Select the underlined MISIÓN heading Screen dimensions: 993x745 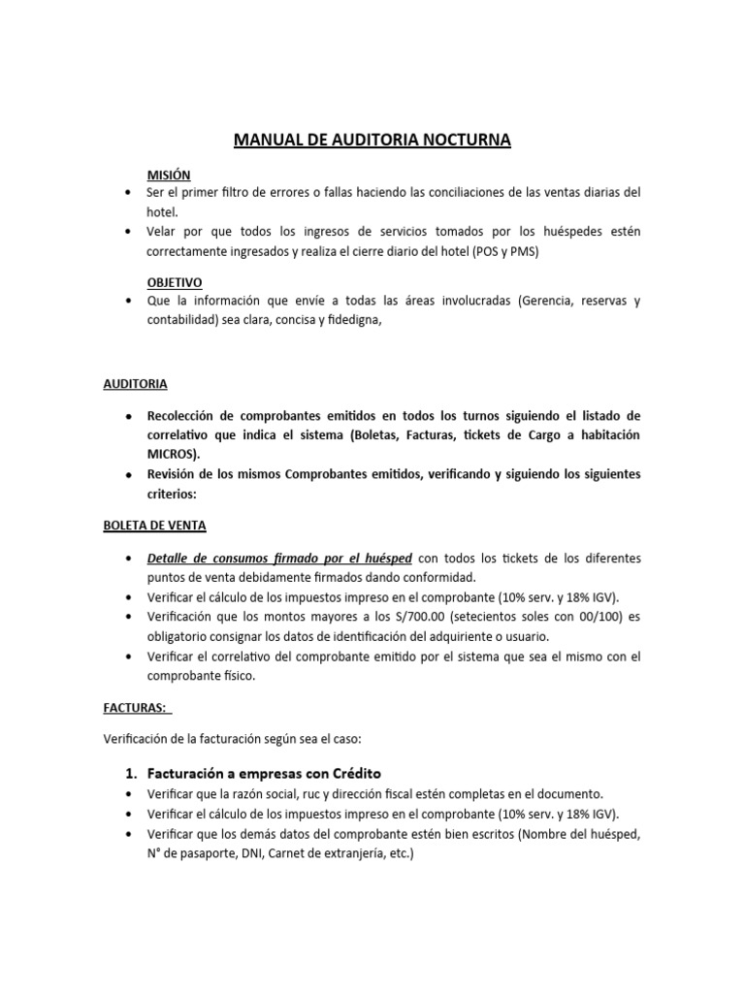(169, 176)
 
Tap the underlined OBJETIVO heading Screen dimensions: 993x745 (175, 282)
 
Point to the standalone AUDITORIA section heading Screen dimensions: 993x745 (135, 384)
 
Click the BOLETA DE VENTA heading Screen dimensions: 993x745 (154, 526)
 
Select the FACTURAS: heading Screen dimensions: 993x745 (135, 708)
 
